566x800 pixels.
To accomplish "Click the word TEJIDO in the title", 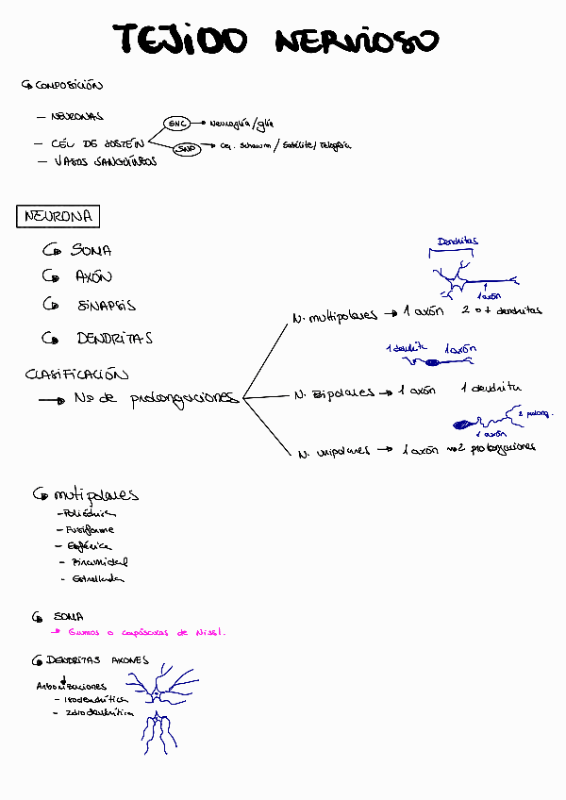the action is click(179, 41).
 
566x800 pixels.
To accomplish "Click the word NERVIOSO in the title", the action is click(358, 42).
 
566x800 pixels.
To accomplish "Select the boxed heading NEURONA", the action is click(58, 217).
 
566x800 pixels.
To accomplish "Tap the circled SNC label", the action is click(176, 124).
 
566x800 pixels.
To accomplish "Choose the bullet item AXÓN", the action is click(93, 277).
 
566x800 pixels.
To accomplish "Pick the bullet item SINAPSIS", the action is click(107, 306).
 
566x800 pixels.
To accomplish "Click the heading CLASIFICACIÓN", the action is click(76, 375).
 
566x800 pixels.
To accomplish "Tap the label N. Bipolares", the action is click(334, 392).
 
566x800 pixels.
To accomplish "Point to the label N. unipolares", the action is click(334, 452).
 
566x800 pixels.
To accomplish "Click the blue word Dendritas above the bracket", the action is click(458, 242).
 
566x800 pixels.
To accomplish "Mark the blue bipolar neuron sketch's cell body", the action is click(432, 362).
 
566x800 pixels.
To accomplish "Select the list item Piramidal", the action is click(100, 562).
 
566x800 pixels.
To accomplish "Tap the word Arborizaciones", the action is click(73, 687).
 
